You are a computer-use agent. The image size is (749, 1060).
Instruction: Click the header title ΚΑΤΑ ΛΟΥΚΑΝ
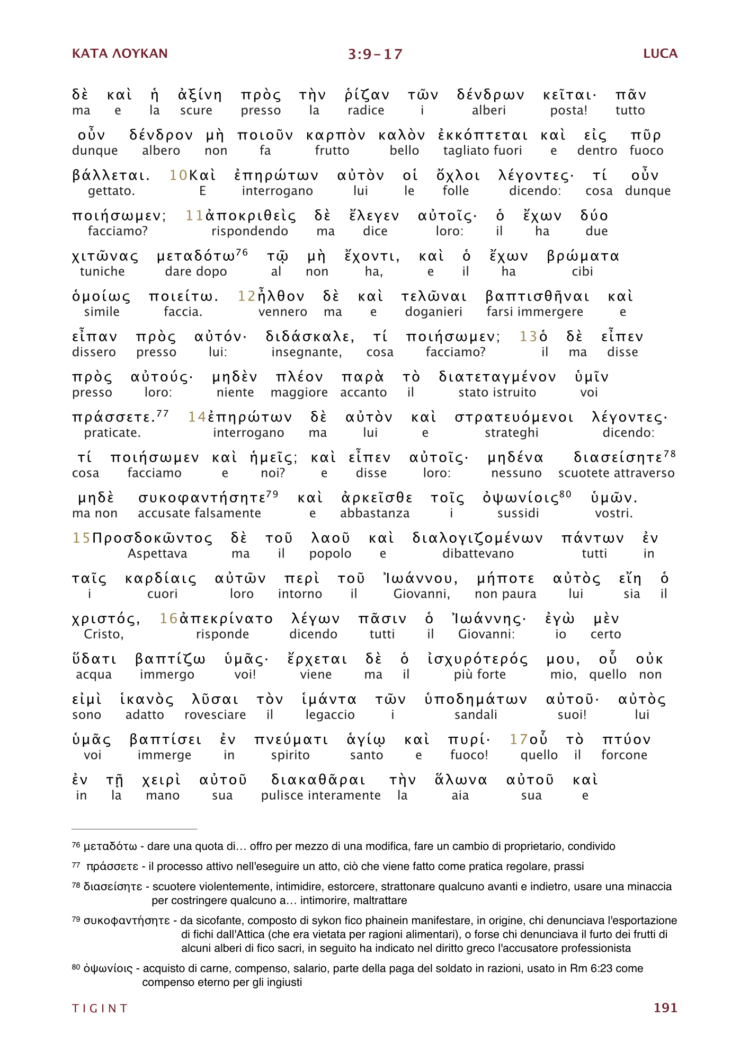pyautogui.click(x=120, y=54)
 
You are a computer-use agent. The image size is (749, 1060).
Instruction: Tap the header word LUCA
pyautogui.click(x=660, y=54)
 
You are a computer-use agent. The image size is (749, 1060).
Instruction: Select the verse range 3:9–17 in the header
pyautogui.click(x=375, y=54)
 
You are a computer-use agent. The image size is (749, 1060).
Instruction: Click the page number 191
pyautogui.click(x=665, y=1008)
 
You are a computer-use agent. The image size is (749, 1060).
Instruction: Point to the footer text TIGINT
pyautogui.click(x=100, y=1008)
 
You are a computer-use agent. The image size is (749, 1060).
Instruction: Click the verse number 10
pyautogui.click(x=178, y=175)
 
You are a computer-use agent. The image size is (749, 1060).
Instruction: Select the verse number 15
pyautogui.click(x=82, y=538)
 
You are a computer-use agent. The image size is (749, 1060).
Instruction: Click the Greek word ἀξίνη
pyautogui.click(x=200, y=95)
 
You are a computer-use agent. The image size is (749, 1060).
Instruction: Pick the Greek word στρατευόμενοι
pyautogui.click(x=514, y=418)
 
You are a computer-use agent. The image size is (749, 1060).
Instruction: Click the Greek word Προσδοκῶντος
pyautogui.click(x=153, y=538)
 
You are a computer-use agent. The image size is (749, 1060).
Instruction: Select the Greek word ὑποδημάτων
pyautogui.click(x=476, y=700)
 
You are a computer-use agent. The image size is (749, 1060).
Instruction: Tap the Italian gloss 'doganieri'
pyautogui.click(x=433, y=312)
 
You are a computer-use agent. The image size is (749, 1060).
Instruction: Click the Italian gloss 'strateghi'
pyautogui.click(x=511, y=432)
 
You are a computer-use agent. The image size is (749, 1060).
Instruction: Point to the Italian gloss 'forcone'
pyautogui.click(x=624, y=755)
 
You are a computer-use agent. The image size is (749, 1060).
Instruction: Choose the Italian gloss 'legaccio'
pyautogui.click(x=330, y=714)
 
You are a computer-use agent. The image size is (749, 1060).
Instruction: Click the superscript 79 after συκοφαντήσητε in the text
pyautogui.click(x=272, y=494)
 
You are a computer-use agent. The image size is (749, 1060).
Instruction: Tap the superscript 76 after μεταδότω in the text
pyautogui.click(x=242, y=252)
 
